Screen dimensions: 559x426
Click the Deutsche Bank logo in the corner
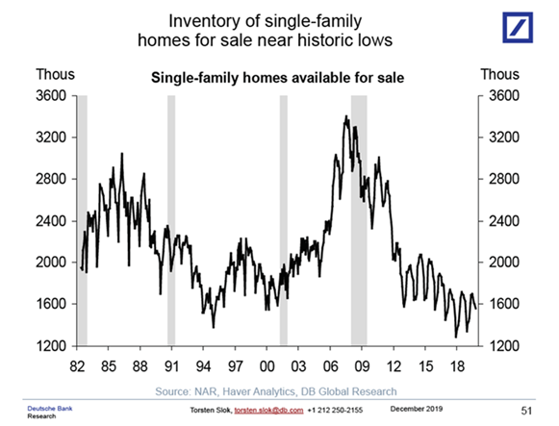click(x=518, y=28)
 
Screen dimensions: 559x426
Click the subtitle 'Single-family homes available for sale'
click(x=277, y=78)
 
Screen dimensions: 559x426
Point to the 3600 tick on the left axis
click(x=51, y=96)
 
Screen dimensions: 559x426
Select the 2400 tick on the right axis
click(x=504, y=221)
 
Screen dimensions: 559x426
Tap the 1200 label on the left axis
click(x=51, y=346)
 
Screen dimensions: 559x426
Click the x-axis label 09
click(x=362, y=366)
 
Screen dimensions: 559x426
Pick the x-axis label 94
click(x=204, y=366)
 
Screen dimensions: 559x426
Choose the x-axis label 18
click(x=457, y=366)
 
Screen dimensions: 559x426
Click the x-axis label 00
click(x=267, y=366)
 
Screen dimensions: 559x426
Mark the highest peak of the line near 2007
click(x=345, y=115)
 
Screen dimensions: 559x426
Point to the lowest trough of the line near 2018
click(x=456, y=337)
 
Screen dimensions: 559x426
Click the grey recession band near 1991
click(x=171, y=220)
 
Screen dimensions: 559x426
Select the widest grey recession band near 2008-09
click(x=359, y=220)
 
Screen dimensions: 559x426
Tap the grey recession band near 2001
click(x=284, y=220)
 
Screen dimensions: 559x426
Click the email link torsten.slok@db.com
click(x=268, y=411)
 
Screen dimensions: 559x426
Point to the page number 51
click(x=526, y=411)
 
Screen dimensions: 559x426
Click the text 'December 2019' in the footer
click(x=417, y=409)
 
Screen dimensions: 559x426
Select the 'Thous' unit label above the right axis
click(x=499, y=74)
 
